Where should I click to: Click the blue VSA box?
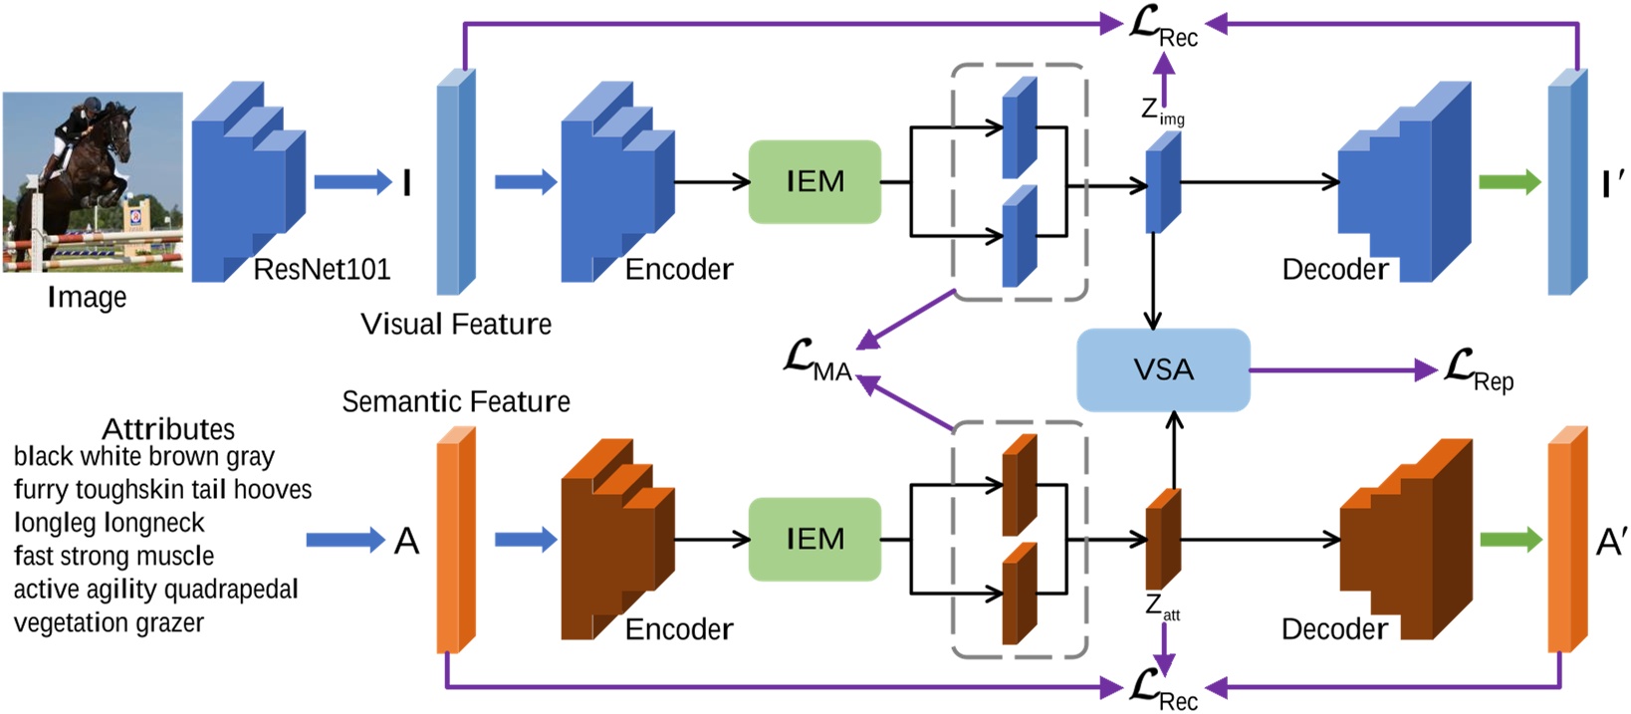[x=1163, y=369]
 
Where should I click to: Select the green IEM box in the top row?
[x=815, y=181]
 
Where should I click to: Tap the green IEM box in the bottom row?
[x=815, y=539]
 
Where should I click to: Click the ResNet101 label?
[x=321, y=269]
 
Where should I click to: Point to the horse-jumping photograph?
[x=93, y=182]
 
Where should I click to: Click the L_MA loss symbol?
[x=817, y=360]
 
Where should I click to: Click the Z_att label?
[x=1162, y=606]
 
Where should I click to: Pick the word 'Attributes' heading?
[x=168, y=429]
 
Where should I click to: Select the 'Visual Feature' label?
[x=455, y=324]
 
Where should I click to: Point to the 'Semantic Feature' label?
[x=455, y=401]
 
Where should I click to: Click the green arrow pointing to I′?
[x=1510, y=182]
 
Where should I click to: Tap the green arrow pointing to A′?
[x=1510, y=540]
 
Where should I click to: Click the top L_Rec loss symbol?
[x=1163, y=26]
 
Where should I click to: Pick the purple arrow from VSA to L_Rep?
[x=1344, y=370]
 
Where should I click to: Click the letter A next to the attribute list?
[x=406, y=541]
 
